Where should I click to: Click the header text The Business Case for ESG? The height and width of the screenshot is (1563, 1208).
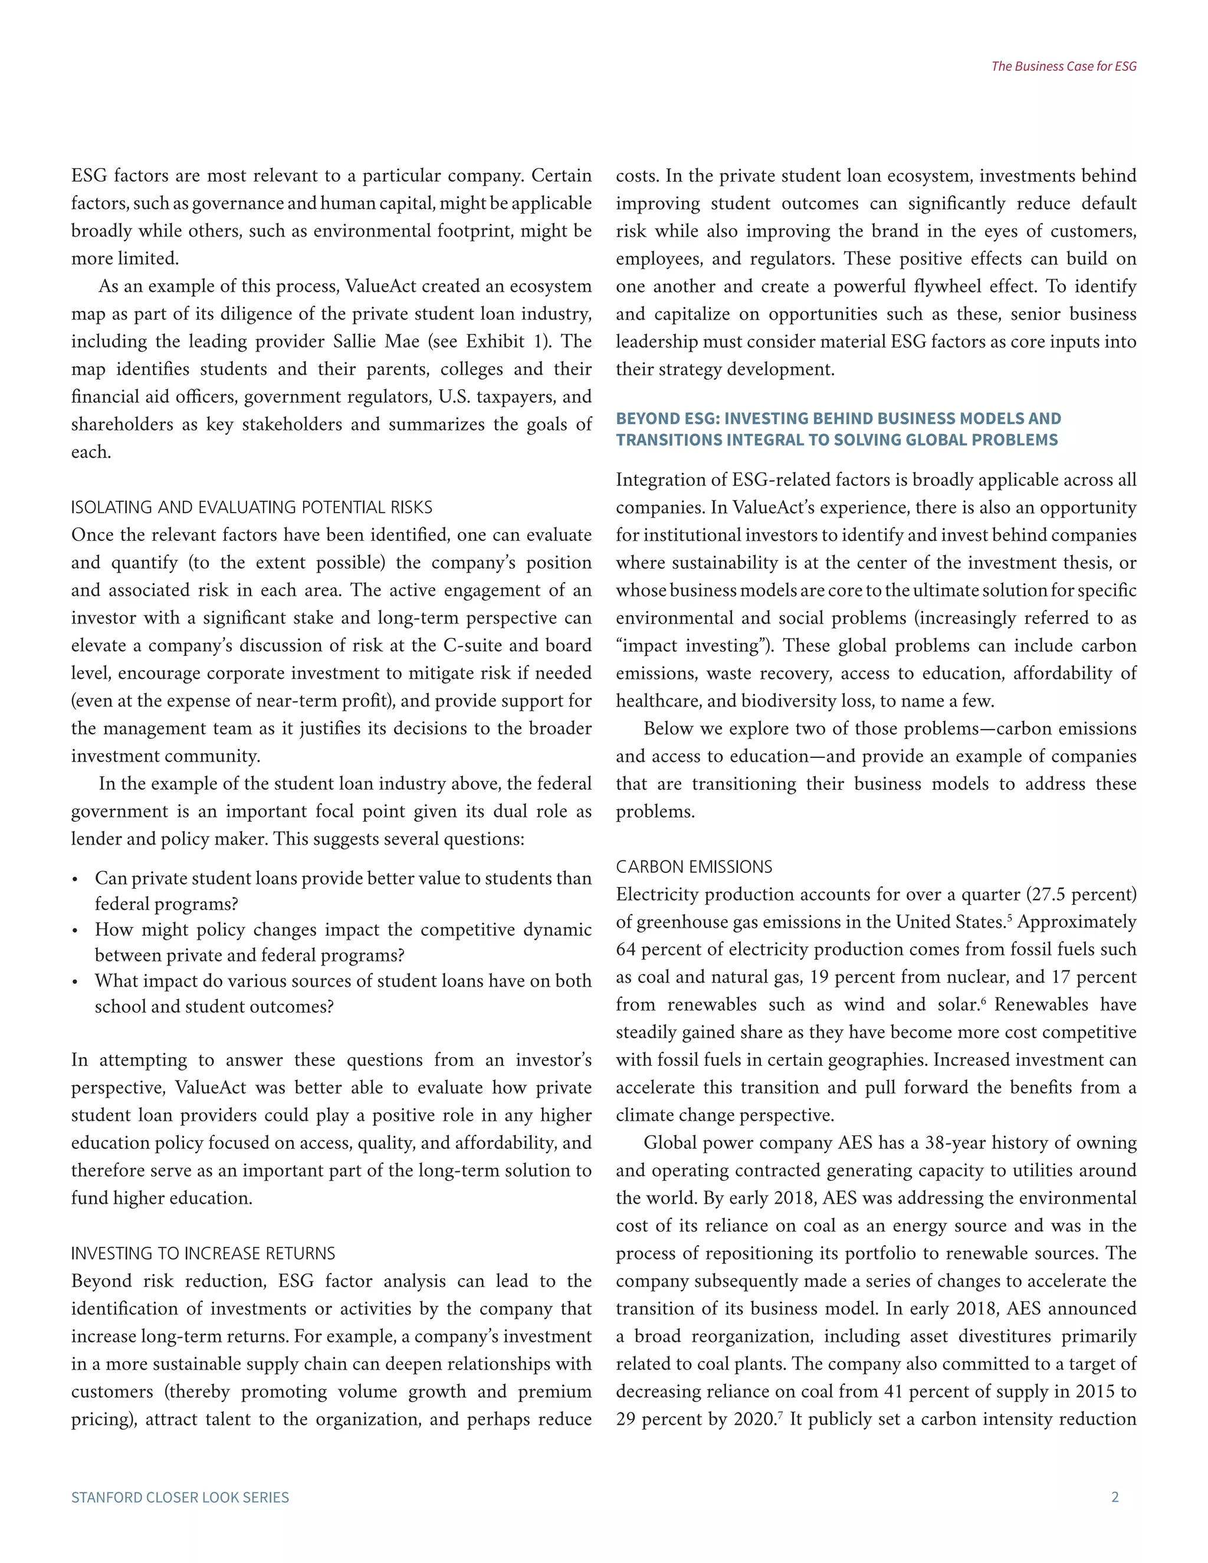tap(1063, 67)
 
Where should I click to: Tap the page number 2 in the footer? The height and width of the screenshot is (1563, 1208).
tap(1114, 1497)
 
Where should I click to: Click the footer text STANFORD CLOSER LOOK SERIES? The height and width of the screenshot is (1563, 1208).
tap(180, 1497)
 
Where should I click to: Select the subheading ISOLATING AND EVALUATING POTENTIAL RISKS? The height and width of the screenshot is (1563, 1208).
tap(251, 507)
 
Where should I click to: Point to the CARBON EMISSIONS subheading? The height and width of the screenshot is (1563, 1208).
tap(694, 866)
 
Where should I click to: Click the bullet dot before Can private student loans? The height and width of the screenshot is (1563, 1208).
tap(75, 879)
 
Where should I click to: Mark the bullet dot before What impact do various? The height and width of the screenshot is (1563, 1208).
tap(75, 982)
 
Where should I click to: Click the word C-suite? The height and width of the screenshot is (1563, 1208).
tap(473, 645)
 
